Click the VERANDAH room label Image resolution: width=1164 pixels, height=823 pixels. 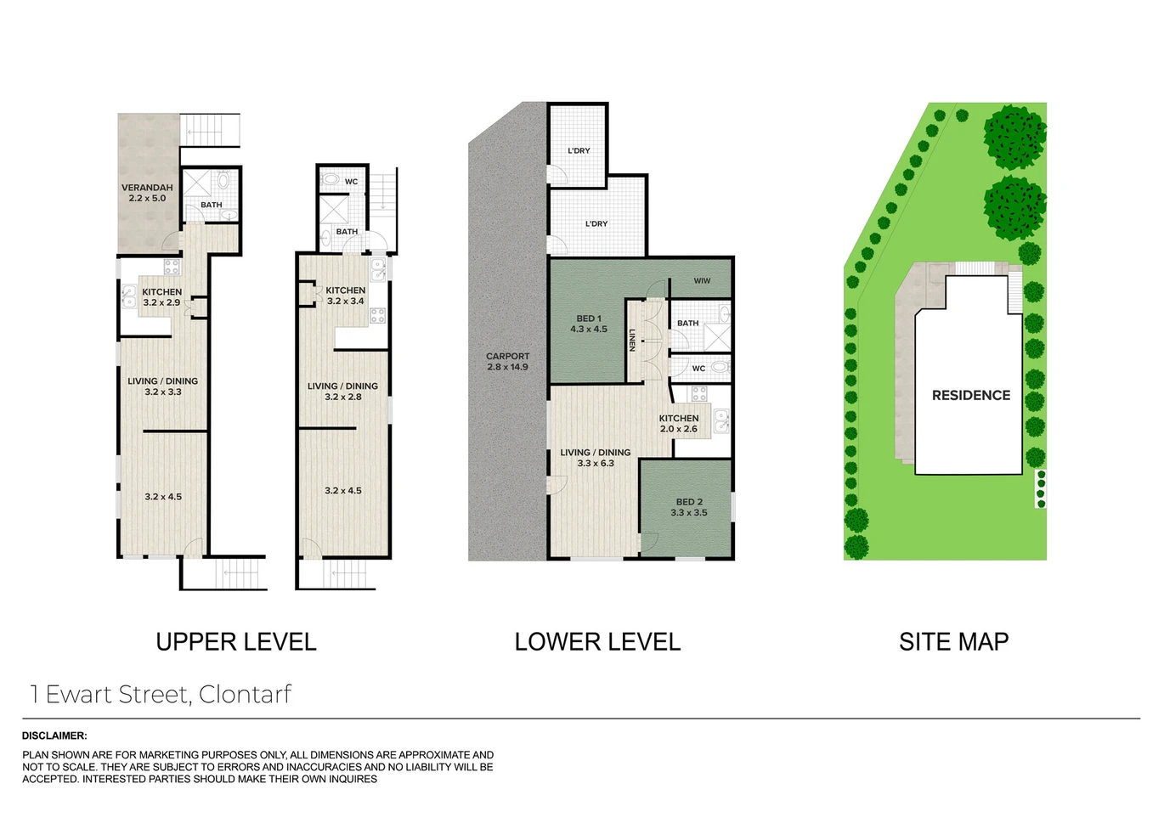point(147,193)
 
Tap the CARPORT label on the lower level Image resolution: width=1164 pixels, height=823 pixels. point(508,362)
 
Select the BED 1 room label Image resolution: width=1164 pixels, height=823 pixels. point(589,324)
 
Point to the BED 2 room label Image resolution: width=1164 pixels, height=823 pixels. point(689,507)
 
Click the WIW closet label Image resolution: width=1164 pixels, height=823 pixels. point(702,281)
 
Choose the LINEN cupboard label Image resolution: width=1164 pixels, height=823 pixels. point(632,341)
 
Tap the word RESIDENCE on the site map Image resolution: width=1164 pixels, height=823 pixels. point(971,396)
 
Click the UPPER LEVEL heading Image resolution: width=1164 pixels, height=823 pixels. point(236,642)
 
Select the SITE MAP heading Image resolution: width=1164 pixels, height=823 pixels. point(954,642)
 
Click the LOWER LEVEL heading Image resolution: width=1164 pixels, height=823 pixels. point(597,642)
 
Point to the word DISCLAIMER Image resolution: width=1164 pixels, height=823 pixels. point(54,736)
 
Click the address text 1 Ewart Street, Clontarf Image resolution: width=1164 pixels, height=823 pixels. point(161,694)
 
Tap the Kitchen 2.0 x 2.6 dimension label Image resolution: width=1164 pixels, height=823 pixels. point(679,424)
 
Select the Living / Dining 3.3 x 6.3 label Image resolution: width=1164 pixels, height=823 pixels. point(596,458)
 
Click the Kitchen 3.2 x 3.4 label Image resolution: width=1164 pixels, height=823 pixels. point(346,296)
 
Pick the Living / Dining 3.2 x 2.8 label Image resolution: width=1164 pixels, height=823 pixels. point(342,392)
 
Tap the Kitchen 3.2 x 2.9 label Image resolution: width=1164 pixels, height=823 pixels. point(161,297)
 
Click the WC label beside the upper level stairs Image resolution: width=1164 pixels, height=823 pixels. point(351,182)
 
